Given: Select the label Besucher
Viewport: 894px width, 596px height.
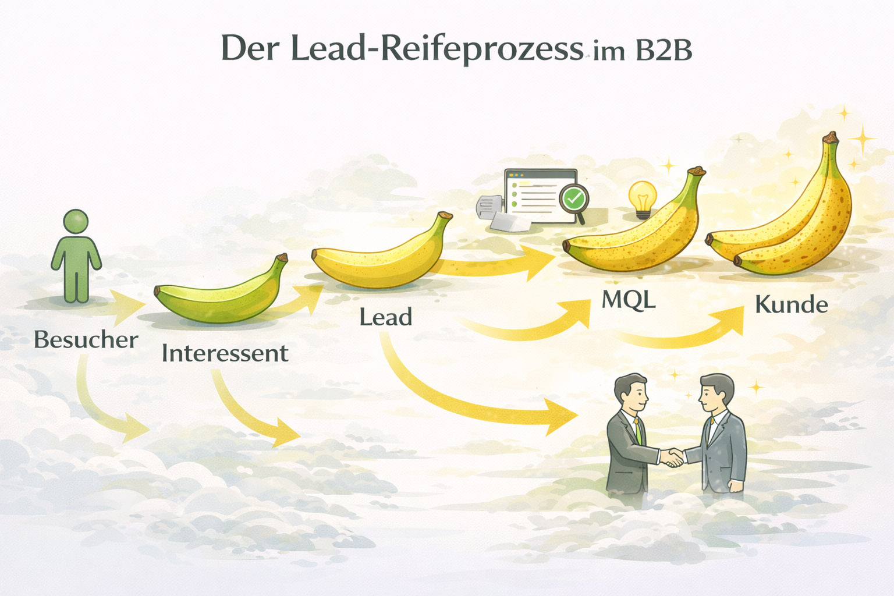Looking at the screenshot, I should tap(86, 340).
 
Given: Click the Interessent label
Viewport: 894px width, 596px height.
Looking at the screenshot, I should tap(225, 353).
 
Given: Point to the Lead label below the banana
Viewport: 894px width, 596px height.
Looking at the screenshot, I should tap(385, 317).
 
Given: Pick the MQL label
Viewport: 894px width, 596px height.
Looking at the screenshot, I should tap(628, 300).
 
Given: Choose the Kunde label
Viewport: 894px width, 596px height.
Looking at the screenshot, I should tap(791, 305).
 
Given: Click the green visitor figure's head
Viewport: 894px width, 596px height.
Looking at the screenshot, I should tap(76, 222).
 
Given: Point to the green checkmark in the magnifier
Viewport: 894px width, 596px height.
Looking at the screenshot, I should tap(574, 198).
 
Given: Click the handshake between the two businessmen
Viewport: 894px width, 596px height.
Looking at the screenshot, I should tap(673, 456).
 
